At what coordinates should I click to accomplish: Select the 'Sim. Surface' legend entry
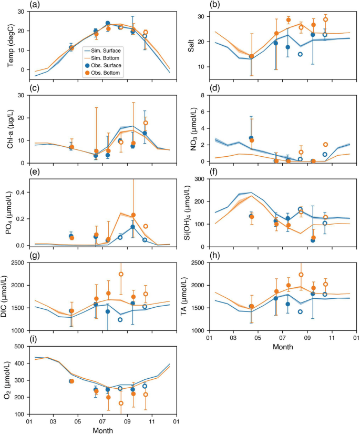(x=105, y=51)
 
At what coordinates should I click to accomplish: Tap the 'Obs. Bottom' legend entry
(x=106, y=74)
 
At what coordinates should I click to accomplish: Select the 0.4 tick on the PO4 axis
(x=20, y=191)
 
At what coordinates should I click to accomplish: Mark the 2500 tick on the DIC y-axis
(x=18, y=263)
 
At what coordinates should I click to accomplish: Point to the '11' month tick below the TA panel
(x=332, y=338)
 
